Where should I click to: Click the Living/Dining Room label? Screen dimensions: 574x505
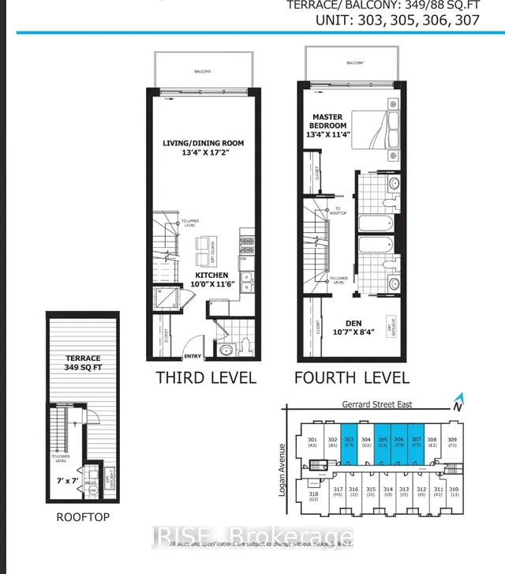point(203,143)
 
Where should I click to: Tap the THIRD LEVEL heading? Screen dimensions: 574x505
point(206,377)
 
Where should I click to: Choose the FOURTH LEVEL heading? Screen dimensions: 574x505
point(351,377)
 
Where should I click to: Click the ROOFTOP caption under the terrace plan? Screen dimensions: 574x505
point(82,517)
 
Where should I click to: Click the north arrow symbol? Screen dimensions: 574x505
point(457,404)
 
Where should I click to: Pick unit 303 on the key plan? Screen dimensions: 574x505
point(349,444)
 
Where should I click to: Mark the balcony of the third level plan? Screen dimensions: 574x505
point(204,71)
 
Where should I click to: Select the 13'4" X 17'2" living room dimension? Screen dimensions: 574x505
point(203,154)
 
